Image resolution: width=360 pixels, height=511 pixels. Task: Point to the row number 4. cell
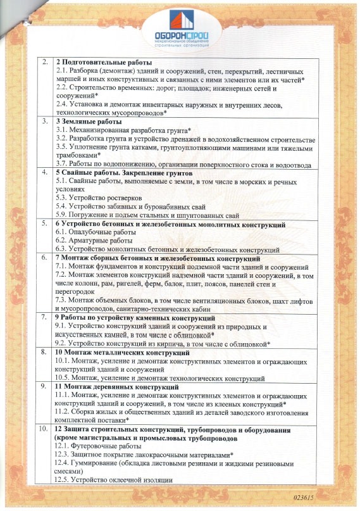pos(44,172)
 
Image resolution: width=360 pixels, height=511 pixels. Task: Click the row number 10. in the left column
pos(43,430)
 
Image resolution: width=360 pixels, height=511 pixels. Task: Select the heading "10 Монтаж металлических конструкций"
pos(119,351)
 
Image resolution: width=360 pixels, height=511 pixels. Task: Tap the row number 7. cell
pos(43,317)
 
